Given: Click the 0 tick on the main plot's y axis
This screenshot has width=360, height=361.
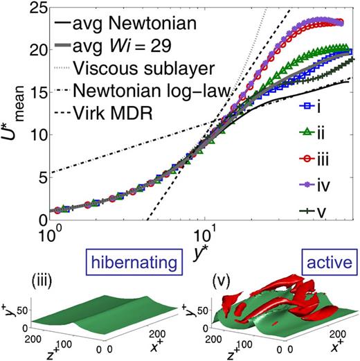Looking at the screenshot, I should (40, 220).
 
